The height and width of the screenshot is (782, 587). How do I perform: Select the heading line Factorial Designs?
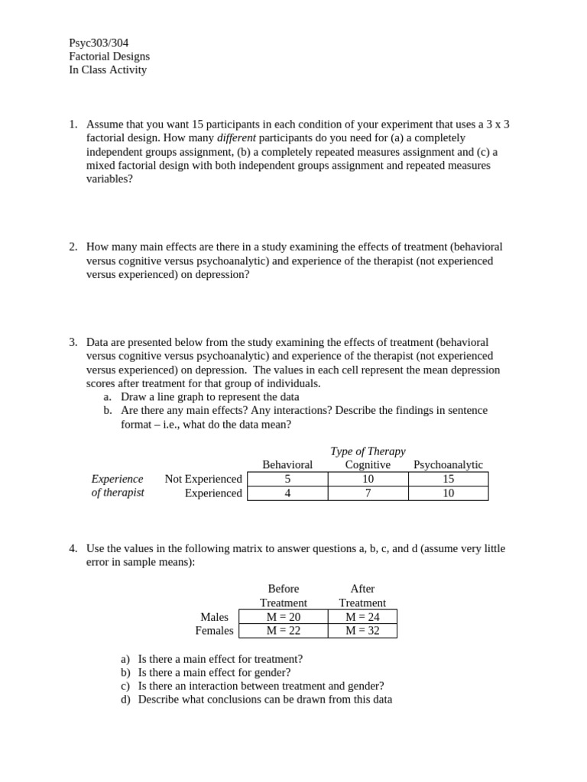tap(109, 57)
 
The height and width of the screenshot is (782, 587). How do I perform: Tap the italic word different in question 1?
tap(236, 138)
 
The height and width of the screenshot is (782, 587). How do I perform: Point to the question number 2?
tap(73, 247)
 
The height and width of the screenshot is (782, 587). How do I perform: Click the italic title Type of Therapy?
tap(368, 451)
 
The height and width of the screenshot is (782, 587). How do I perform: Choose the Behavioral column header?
tap(287, 465)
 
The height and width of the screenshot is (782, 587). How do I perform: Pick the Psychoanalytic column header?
tap(448, 465)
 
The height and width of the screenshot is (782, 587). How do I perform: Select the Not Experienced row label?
tap(203, 479)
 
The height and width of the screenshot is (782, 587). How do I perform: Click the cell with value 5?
tap(287, 479)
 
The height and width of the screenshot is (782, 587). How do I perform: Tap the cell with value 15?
tap(448, 479)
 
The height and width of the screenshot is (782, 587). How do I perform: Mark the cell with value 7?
tap(368, 493)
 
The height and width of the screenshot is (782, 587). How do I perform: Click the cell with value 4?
tap(287, 493)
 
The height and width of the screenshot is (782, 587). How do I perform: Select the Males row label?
tap(214, 617)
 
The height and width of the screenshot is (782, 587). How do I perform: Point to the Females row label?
tap(214, 631)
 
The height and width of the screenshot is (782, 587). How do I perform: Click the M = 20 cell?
tap(283, 617)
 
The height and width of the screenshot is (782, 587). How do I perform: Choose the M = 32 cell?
tap(362, 631)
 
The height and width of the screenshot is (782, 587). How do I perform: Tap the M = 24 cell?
tap(362, 617)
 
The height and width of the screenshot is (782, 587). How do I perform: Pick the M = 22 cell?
tap(283, 631)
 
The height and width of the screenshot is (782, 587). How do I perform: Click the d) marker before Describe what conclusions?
tap(125, 700)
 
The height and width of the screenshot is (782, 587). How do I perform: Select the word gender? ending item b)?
tap(271, 673)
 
